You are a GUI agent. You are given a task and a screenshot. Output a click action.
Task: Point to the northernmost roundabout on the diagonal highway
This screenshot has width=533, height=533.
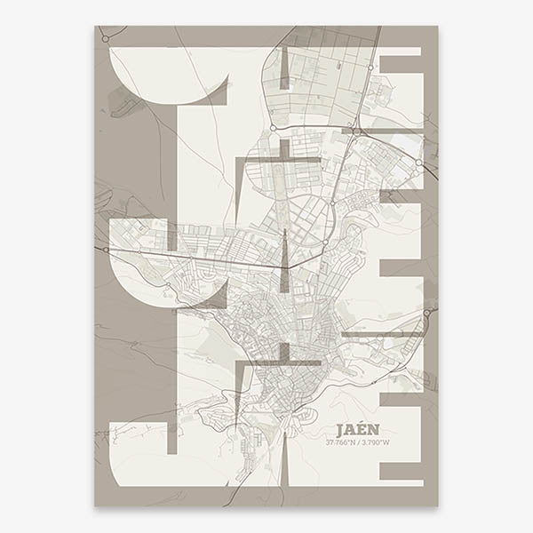(370, 64)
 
